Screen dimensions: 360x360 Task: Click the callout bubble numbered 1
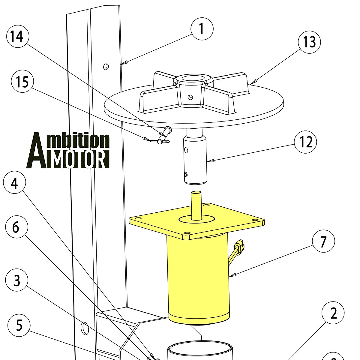(202, 29)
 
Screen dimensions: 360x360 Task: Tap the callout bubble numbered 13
(309, 42)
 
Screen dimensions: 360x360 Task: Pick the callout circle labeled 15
(22, 82)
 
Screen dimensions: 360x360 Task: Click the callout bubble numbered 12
(305, 142)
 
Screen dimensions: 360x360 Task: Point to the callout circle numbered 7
(323, 242)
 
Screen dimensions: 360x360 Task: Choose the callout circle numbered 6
(16, 227)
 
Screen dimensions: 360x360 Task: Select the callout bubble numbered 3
(17, 280)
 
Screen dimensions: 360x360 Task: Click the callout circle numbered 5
(19, 325)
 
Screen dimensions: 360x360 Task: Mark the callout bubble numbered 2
(333, 313)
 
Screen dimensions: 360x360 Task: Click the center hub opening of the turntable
(193, 79)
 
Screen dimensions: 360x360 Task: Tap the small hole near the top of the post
(106, 66)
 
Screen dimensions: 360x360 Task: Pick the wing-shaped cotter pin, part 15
(159, 140)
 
